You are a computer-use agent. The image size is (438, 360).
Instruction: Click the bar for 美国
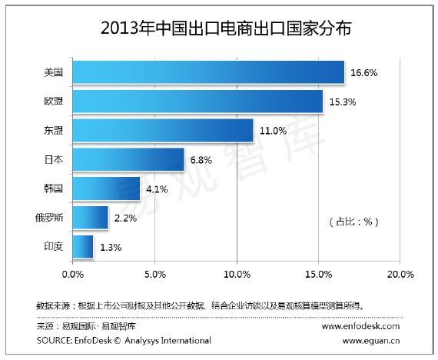point(209,72)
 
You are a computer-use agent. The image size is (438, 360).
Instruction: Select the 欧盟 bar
point(197,102)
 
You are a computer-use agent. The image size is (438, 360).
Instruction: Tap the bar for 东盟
point(163,131)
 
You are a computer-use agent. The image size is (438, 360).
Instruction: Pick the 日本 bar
point(128,159)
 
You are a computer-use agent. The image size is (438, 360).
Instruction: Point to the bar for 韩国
point(107,188)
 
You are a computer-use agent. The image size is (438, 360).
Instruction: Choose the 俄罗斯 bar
point(91,218)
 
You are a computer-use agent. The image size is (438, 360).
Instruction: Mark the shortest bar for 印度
point(83,247)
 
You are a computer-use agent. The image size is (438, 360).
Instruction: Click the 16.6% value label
point(364,73)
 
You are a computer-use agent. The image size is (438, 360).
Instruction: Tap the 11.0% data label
point(273,131)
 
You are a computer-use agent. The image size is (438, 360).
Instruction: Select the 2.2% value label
point(125,218)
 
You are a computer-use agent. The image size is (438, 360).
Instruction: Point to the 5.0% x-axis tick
point(155,275)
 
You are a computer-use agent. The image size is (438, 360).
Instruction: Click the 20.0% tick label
point(400,275)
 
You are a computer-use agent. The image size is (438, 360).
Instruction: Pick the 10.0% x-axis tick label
point(237,275)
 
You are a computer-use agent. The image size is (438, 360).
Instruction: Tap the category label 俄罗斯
point(49,218)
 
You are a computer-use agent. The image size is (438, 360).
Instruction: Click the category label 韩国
point(53,188)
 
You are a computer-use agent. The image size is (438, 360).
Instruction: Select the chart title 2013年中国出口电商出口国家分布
point(226,28)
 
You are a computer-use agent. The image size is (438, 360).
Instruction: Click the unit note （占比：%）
point(354,222)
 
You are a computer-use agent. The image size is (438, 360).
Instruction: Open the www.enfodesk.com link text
point(360,326)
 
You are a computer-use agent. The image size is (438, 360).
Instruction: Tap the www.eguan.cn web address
point(371,341)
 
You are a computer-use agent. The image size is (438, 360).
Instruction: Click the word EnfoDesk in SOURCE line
point(93,341)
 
